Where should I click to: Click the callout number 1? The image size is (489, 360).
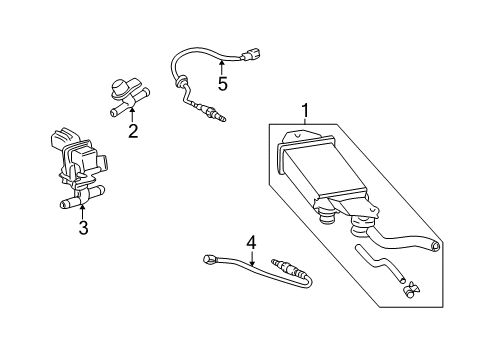306,111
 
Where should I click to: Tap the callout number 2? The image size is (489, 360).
133,131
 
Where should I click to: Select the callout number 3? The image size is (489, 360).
83,227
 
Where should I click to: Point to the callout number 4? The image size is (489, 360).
251,242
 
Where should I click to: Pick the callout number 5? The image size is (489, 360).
222,83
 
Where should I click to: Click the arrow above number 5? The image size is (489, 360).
221,66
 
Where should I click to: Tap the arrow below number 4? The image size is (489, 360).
252,259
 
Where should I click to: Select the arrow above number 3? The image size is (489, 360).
83,212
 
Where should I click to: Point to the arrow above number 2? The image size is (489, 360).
132,115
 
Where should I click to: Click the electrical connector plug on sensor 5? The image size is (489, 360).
251,55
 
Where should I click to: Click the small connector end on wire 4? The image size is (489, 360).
208,259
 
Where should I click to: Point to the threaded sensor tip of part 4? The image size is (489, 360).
281,264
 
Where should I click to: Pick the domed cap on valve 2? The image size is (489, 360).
119,87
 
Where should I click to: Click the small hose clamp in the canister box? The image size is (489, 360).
412,288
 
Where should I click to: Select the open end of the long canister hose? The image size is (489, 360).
435,246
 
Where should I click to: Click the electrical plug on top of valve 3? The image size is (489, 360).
64,138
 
